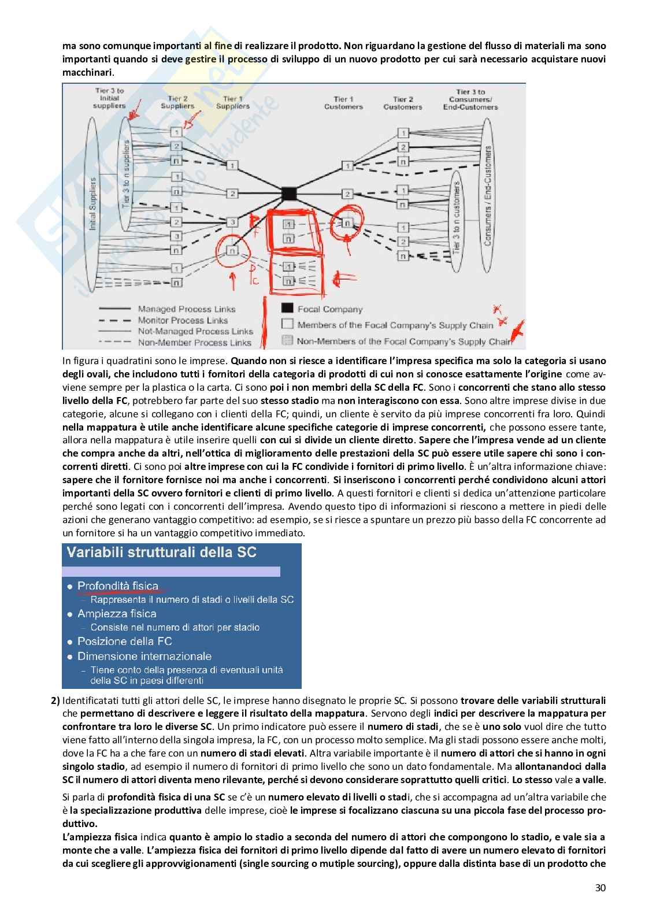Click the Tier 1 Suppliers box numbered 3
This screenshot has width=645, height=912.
pos(231,222)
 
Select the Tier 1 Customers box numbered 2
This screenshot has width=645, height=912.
pos(347,194)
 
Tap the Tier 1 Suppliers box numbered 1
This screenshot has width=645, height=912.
pos(231,166)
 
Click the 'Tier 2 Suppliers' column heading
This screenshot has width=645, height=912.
pos(177,102)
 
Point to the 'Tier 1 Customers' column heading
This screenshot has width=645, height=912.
pos(343,102)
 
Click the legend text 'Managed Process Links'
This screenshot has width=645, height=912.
pos(187,309)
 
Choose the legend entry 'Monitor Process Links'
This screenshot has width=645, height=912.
pos(183,320)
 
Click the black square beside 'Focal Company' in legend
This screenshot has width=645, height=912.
pos(287,309)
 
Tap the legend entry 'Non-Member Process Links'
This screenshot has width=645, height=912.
pos(194,342)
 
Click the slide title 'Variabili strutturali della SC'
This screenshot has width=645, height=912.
pos(162,552)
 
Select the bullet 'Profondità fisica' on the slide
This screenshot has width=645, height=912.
pos(117,586)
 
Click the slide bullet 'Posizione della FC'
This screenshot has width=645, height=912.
pos(124,642)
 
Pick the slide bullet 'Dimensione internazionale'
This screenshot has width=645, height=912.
pos(144,657)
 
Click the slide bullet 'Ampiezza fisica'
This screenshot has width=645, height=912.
pos(116,614)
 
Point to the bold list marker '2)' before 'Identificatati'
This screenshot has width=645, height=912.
pos(55,701)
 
